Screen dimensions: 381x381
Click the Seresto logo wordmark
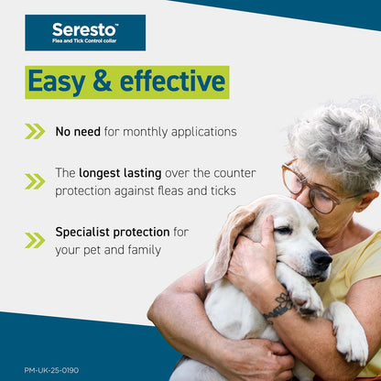click(85, 29)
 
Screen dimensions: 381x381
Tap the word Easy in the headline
click(60, 82)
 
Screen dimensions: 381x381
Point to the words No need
click(77, 131)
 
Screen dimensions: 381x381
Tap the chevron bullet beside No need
click(35, 131)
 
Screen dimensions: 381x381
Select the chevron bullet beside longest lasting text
click(35, 181)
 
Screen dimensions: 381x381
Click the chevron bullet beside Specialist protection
click(35, 240)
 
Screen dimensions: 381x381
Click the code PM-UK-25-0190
click(51, 370)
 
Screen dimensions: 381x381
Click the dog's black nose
click(321, 260)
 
